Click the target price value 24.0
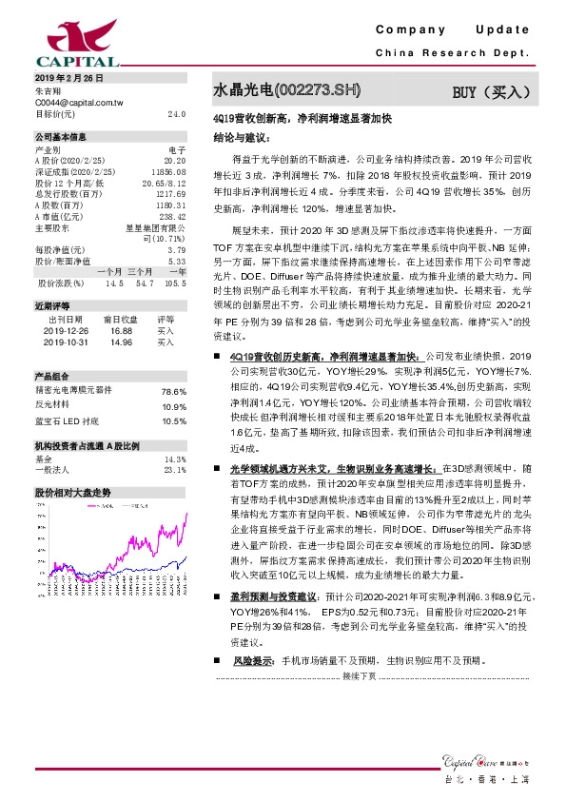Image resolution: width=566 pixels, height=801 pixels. [x=176, y=113]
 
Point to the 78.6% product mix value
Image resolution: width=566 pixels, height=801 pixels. [x=173, y=391]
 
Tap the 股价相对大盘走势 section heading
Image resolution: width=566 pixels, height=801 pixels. [x=73, y=493]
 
